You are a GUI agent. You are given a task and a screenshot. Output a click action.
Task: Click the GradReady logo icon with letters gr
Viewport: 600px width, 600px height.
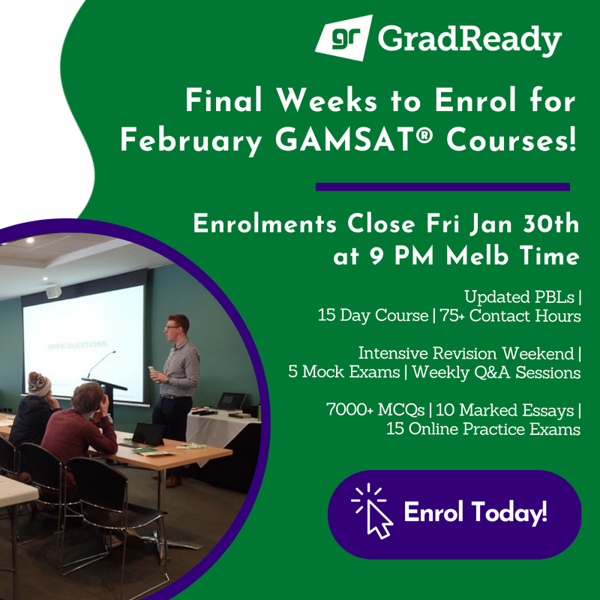342,37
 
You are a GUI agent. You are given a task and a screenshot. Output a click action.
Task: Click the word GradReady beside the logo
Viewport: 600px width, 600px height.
469,39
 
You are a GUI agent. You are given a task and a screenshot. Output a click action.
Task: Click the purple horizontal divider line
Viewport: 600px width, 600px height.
442,187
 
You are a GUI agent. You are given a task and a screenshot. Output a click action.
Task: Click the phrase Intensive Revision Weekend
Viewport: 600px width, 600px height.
466,352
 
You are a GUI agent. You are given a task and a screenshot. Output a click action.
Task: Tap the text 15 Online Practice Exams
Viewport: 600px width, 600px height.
483,430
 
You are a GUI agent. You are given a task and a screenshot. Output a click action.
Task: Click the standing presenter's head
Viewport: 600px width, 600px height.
177,325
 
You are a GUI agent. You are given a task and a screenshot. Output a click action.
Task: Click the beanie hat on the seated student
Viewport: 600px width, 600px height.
39,383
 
